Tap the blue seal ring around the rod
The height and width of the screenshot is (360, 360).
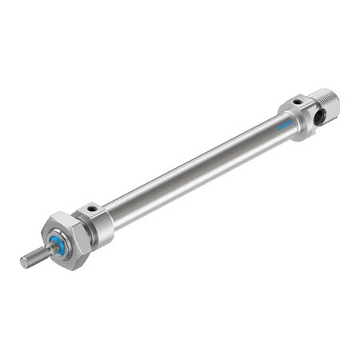coord(57,243)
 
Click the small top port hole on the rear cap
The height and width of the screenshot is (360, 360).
coord(297,102)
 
